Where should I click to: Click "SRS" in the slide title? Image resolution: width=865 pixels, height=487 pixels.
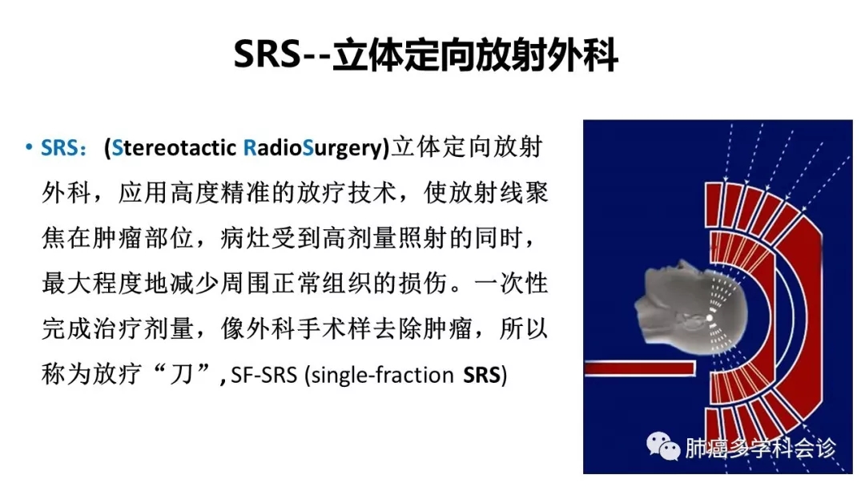click(x=267, y=54)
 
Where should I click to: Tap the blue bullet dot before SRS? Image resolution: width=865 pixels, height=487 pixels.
click(x=29, y=147)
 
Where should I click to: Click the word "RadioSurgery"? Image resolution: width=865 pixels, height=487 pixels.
click(x=313, y=148)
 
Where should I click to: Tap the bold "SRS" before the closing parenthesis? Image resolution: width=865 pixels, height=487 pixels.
click(x=481, y=375)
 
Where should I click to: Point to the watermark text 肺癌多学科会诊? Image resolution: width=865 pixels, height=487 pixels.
click(x=760, y=448)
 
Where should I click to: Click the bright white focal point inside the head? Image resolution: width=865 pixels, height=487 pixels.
click(x=710, y=318)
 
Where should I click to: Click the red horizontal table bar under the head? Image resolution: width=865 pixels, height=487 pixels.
click(x=639, y=368)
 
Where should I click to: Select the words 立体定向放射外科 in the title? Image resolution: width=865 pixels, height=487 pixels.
click(x=475, y=54)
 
